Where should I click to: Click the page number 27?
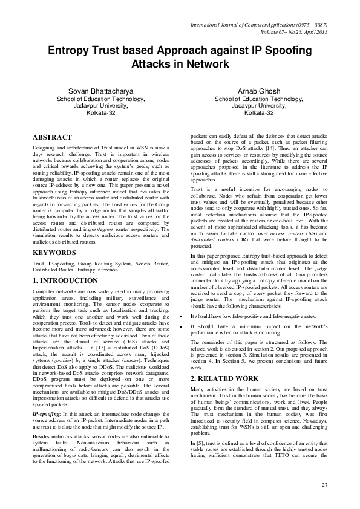click(x=324, y=485)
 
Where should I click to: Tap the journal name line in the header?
click(x=259, y=26)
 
